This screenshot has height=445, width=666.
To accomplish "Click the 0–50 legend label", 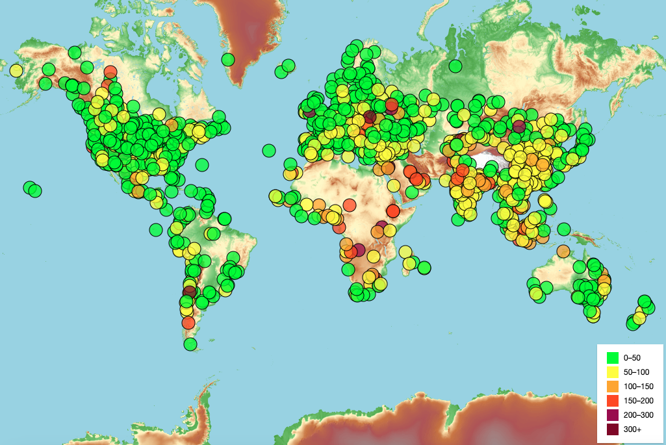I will click(x=632, y=357).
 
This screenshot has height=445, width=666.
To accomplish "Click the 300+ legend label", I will click(x=632, y=429).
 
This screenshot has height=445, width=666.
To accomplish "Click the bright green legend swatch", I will click(x=612, y=357).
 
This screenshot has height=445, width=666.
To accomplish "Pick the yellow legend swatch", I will click(x=612, y=372).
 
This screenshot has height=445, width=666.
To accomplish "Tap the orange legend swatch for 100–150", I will click(x=612, y=387).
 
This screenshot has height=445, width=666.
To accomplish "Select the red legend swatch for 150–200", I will click(x=612, y=401).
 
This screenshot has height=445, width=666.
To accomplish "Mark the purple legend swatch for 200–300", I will click(x=612, y=415).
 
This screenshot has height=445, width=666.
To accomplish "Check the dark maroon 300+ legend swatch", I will click(x=612, y=429).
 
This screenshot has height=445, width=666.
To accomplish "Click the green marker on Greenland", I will click(x=227, y=60).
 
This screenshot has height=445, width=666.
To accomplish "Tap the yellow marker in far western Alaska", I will click(x=16, y=70).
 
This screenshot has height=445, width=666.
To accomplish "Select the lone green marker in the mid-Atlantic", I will click(x=268, y=150).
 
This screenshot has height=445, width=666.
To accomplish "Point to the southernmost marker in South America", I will click(x=190, y=344).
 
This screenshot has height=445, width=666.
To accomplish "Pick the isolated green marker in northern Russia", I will click(x=455, y=66).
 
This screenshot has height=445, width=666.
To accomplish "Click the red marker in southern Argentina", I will click(x=188, y=323).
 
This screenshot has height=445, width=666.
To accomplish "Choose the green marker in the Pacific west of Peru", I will click(x=155, y=229).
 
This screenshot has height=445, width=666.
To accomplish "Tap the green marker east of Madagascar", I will click(x=424, y=267).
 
